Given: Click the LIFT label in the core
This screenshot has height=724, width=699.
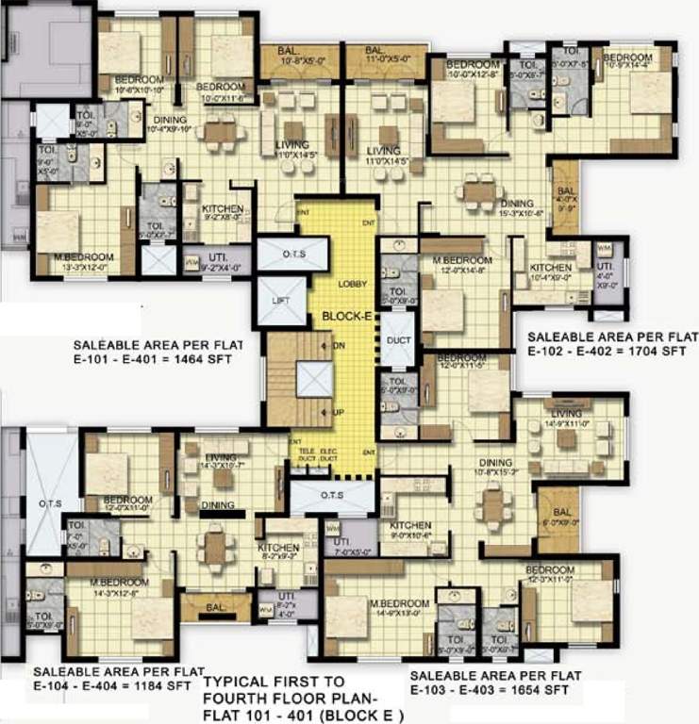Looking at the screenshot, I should coord(280,300).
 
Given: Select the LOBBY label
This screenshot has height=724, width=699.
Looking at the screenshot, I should coord(356,284).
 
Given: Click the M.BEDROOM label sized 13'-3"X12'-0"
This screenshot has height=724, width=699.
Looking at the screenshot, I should coord(84,256).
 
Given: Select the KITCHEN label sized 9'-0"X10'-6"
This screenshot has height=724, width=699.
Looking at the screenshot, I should coord(411,525).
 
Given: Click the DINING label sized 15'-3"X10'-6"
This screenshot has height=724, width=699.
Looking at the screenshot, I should coord(517,203).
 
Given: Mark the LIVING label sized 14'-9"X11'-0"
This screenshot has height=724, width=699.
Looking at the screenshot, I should coord(567,414).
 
